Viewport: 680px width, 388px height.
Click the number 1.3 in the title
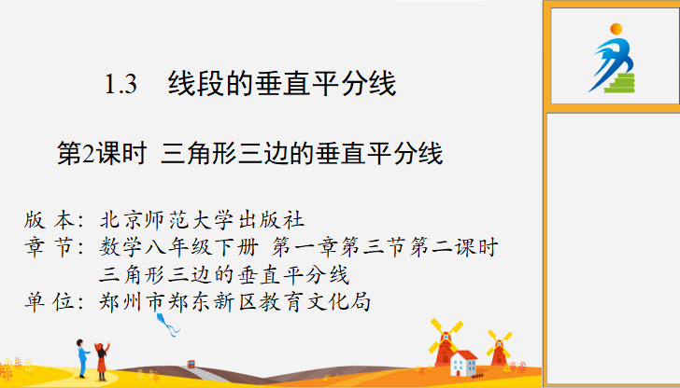(x=121, y=84)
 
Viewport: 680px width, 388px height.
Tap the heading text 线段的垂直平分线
(x=282, y=83)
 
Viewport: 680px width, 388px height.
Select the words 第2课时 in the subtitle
(x=102, y=154)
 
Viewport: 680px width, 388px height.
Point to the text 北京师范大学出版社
(x=202, y=220)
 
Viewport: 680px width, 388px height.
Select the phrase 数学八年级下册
(x=178, y=248)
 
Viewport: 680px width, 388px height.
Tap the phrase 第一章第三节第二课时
(x=385, y=248)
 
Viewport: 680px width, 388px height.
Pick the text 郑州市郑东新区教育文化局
(x=234, y=302)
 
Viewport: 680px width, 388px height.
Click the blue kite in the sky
(x=167, y=325)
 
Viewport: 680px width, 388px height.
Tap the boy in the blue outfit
(x=83, y=358)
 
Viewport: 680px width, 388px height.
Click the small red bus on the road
(x=191, y=364)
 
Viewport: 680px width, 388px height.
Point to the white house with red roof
(x=463, y=364)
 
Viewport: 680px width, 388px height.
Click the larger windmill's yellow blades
(x=446, y=336)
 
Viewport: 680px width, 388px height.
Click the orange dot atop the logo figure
(x=616, y=29)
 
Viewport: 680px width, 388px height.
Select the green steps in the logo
(x=620, y=83)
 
